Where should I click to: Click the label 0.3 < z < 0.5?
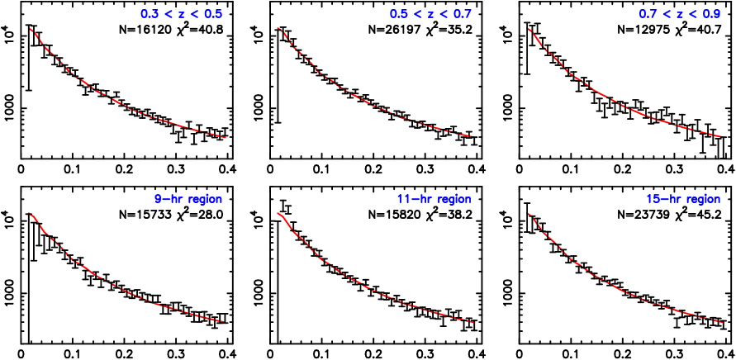pos(181,14)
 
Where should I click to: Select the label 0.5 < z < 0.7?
pos(430,14)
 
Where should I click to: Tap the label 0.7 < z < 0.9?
pos(680,14)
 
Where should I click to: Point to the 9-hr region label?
pos(188,199)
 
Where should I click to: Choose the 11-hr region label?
pos(434,199)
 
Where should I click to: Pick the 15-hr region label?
pos(683,199)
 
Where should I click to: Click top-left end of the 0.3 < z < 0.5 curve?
pos(30,28)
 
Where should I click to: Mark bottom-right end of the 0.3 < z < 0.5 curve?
pos(226,138)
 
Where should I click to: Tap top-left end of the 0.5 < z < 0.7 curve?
pos(278,28)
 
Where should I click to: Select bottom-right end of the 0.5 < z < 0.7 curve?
pos(472,136)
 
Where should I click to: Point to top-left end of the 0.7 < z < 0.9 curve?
pos(529,29)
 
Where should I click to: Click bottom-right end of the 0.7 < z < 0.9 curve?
pos(722,137)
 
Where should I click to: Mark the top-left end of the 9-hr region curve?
pos(29,213)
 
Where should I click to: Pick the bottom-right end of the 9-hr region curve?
pos(225,321)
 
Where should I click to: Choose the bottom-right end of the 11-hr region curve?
pos(473,322)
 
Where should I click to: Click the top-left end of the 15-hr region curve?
pos(528,214)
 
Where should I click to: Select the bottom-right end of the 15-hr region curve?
pos(723,322)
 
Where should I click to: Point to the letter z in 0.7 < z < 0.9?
pos(680,15)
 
